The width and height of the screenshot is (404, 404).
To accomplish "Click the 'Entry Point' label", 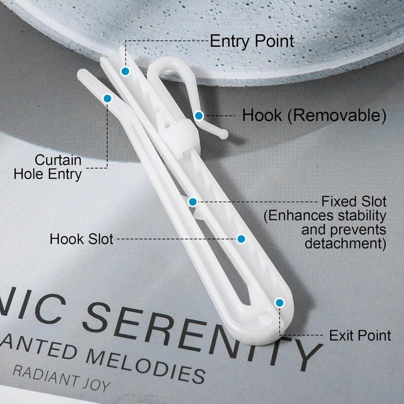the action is pos(252,41).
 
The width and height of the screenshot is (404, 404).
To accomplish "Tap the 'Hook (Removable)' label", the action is pos(314,115).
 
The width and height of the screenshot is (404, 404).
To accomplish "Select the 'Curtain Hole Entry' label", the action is pos(48,167).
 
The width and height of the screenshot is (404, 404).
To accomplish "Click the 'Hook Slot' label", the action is pos(82,239).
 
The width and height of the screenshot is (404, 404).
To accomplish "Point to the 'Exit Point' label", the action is pos(360,335).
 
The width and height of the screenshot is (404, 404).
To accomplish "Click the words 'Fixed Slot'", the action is pos(354,202).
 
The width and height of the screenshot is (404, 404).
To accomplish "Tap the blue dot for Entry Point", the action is pos(125,71).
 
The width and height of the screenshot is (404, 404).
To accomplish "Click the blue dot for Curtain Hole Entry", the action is pos(107,99).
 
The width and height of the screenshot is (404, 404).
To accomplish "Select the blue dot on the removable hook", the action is pos(199,116).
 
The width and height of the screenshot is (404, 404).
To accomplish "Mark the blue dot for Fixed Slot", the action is pos(193,202).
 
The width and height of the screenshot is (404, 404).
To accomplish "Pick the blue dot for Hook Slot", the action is pos(241,239).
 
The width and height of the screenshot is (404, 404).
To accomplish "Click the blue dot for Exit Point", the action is pos(280,303).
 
